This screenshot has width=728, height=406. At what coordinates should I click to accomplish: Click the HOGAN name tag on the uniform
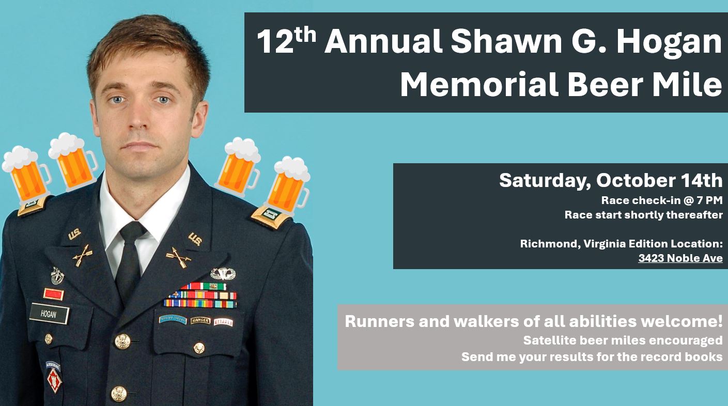[x=49, y=314]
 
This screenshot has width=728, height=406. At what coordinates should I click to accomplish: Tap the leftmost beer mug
[x=26, y=175]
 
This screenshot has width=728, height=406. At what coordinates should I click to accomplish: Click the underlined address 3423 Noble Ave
[x=680, y=258]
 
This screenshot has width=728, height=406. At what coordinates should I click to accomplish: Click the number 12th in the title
[x=287, y=41]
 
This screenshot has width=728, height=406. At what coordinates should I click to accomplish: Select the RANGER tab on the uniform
[x=200, y=321]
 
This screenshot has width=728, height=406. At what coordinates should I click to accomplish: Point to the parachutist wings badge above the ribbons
[x=223, y=273]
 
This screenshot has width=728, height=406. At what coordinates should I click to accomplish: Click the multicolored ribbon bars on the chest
[x=200, y=295]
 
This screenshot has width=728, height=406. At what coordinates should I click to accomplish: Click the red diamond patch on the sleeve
[x=54, y=381]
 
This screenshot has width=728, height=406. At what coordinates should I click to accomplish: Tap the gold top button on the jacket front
[x=122, y=341]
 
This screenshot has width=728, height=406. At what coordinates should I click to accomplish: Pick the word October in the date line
[x=633, y=180]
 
